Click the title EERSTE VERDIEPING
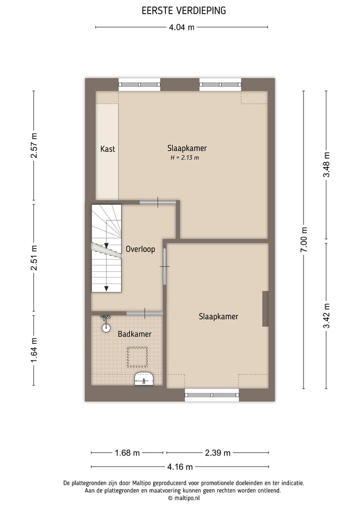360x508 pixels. (x=183, y=10)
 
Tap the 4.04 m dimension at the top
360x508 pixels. (x=181, y=27)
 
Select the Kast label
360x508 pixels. (x=107, y=149)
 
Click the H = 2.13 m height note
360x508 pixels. (x=184, y=158)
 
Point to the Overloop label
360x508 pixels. (x=140, y=249)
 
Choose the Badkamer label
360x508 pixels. (x=134, y=334)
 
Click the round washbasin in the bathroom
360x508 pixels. (x=106, y=328)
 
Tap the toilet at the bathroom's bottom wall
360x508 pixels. (x=144, y=380)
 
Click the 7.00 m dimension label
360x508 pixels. (x=304, y=240)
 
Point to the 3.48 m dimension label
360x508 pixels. (x=326, y=165)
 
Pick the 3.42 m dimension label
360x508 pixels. (x=326, y=316)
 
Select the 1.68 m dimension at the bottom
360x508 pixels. (x=127, y=453)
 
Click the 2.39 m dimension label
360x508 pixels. (x=217, y=453)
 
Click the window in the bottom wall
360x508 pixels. (x=212, y=395)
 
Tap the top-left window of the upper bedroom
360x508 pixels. (x=139, y=84)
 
